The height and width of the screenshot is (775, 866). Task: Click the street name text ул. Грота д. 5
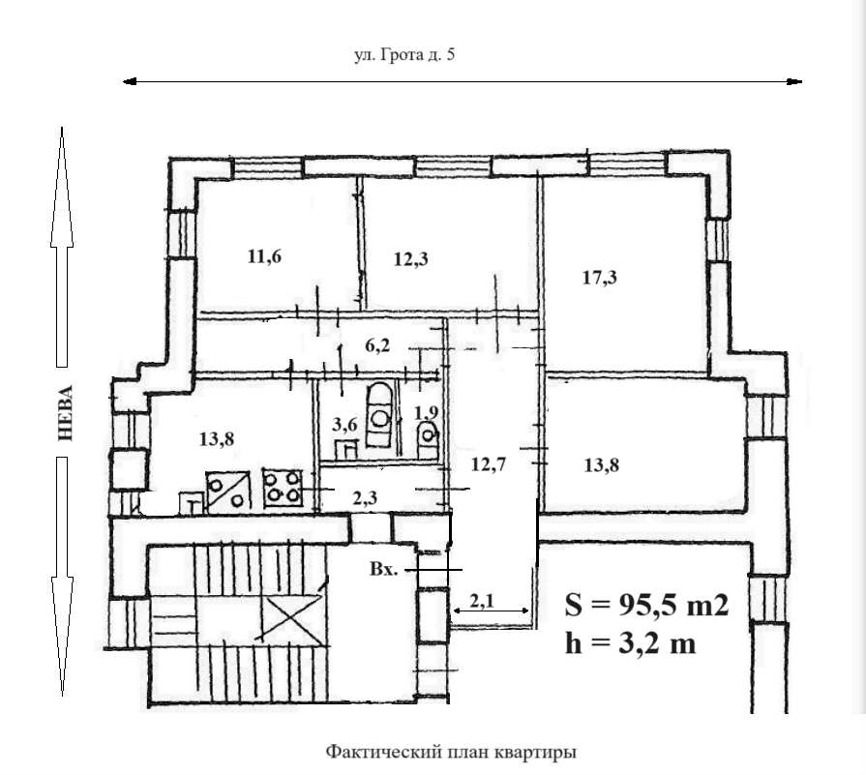point(404,55)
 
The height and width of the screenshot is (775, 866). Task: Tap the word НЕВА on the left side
point(65,412)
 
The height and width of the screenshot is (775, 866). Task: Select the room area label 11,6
point(264,256)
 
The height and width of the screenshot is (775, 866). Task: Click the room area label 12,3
point(411,259)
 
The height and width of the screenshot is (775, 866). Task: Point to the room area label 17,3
point(600,278)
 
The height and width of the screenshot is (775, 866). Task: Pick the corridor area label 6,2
point(377,345)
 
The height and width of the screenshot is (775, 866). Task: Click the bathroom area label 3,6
point(344,425)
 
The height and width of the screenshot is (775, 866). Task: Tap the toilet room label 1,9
point(426,412)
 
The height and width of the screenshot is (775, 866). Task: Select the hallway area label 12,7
point(489,464)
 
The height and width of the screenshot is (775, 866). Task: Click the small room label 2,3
point(365,498)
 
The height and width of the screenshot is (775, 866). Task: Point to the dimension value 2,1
point(482,600)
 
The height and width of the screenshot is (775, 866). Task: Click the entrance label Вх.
point(384,569)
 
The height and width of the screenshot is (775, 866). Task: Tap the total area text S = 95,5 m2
point(646,605)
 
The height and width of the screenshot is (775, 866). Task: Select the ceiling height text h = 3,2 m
point(630,643)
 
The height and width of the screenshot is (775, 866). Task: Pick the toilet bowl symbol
point(428,440)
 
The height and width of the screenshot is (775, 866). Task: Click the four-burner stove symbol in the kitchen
point(283,489)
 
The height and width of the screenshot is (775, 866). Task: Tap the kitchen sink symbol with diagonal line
point(227,491)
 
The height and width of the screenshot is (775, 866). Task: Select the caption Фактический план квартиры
point(451,752)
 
